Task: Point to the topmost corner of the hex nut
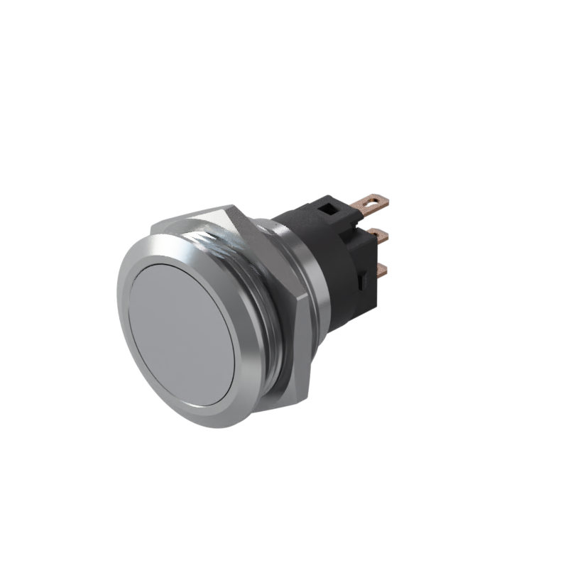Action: click(229, 207)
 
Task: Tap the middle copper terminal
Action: click(380, 236)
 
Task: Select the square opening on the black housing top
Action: click(329, 208)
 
